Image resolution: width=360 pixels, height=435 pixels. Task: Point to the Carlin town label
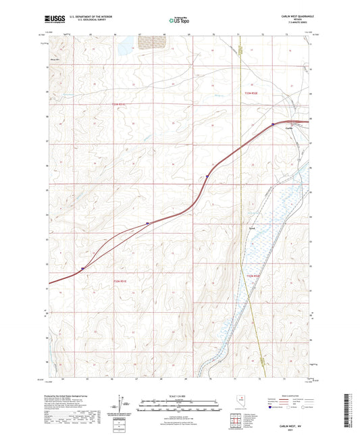(289, 128)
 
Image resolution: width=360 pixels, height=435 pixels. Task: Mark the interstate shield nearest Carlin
(272, 124)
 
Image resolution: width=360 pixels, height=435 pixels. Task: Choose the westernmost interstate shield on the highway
(82, 268)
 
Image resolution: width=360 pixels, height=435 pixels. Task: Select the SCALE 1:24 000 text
(179, 394)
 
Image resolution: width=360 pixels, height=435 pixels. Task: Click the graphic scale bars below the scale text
(179, 403)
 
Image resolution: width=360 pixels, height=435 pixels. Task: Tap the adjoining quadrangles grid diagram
(235, 421)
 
